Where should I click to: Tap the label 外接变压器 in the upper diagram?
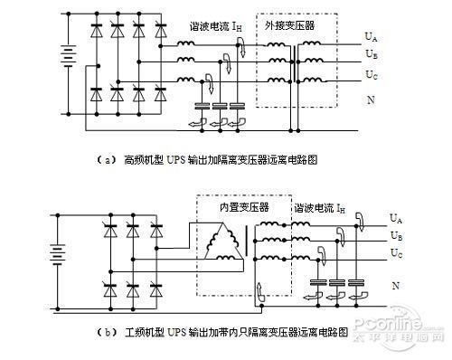click(291, 26)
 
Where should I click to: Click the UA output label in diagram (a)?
click(371, 36)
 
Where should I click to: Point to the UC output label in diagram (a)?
click(371, 71)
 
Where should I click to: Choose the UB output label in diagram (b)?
click(395, 235)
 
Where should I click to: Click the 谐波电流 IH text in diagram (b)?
click(318, 208)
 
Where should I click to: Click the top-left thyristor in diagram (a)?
click(96, 33)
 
